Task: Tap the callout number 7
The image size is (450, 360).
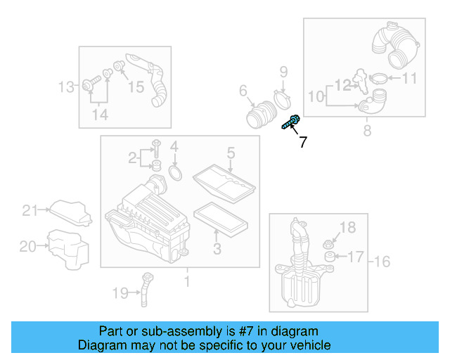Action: click(302, 143)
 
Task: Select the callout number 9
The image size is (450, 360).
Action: click(284, 71)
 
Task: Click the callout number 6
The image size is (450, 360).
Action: click(243, 91)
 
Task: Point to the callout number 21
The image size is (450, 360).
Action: click(29, 210)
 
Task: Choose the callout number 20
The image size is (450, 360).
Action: click(27, 246)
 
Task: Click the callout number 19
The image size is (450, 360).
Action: click(120, 292)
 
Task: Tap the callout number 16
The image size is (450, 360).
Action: click(382, 262)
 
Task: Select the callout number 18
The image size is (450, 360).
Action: click(349, 226)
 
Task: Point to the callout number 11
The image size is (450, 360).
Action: click(409, 78)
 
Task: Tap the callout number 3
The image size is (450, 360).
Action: click(217, 248)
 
